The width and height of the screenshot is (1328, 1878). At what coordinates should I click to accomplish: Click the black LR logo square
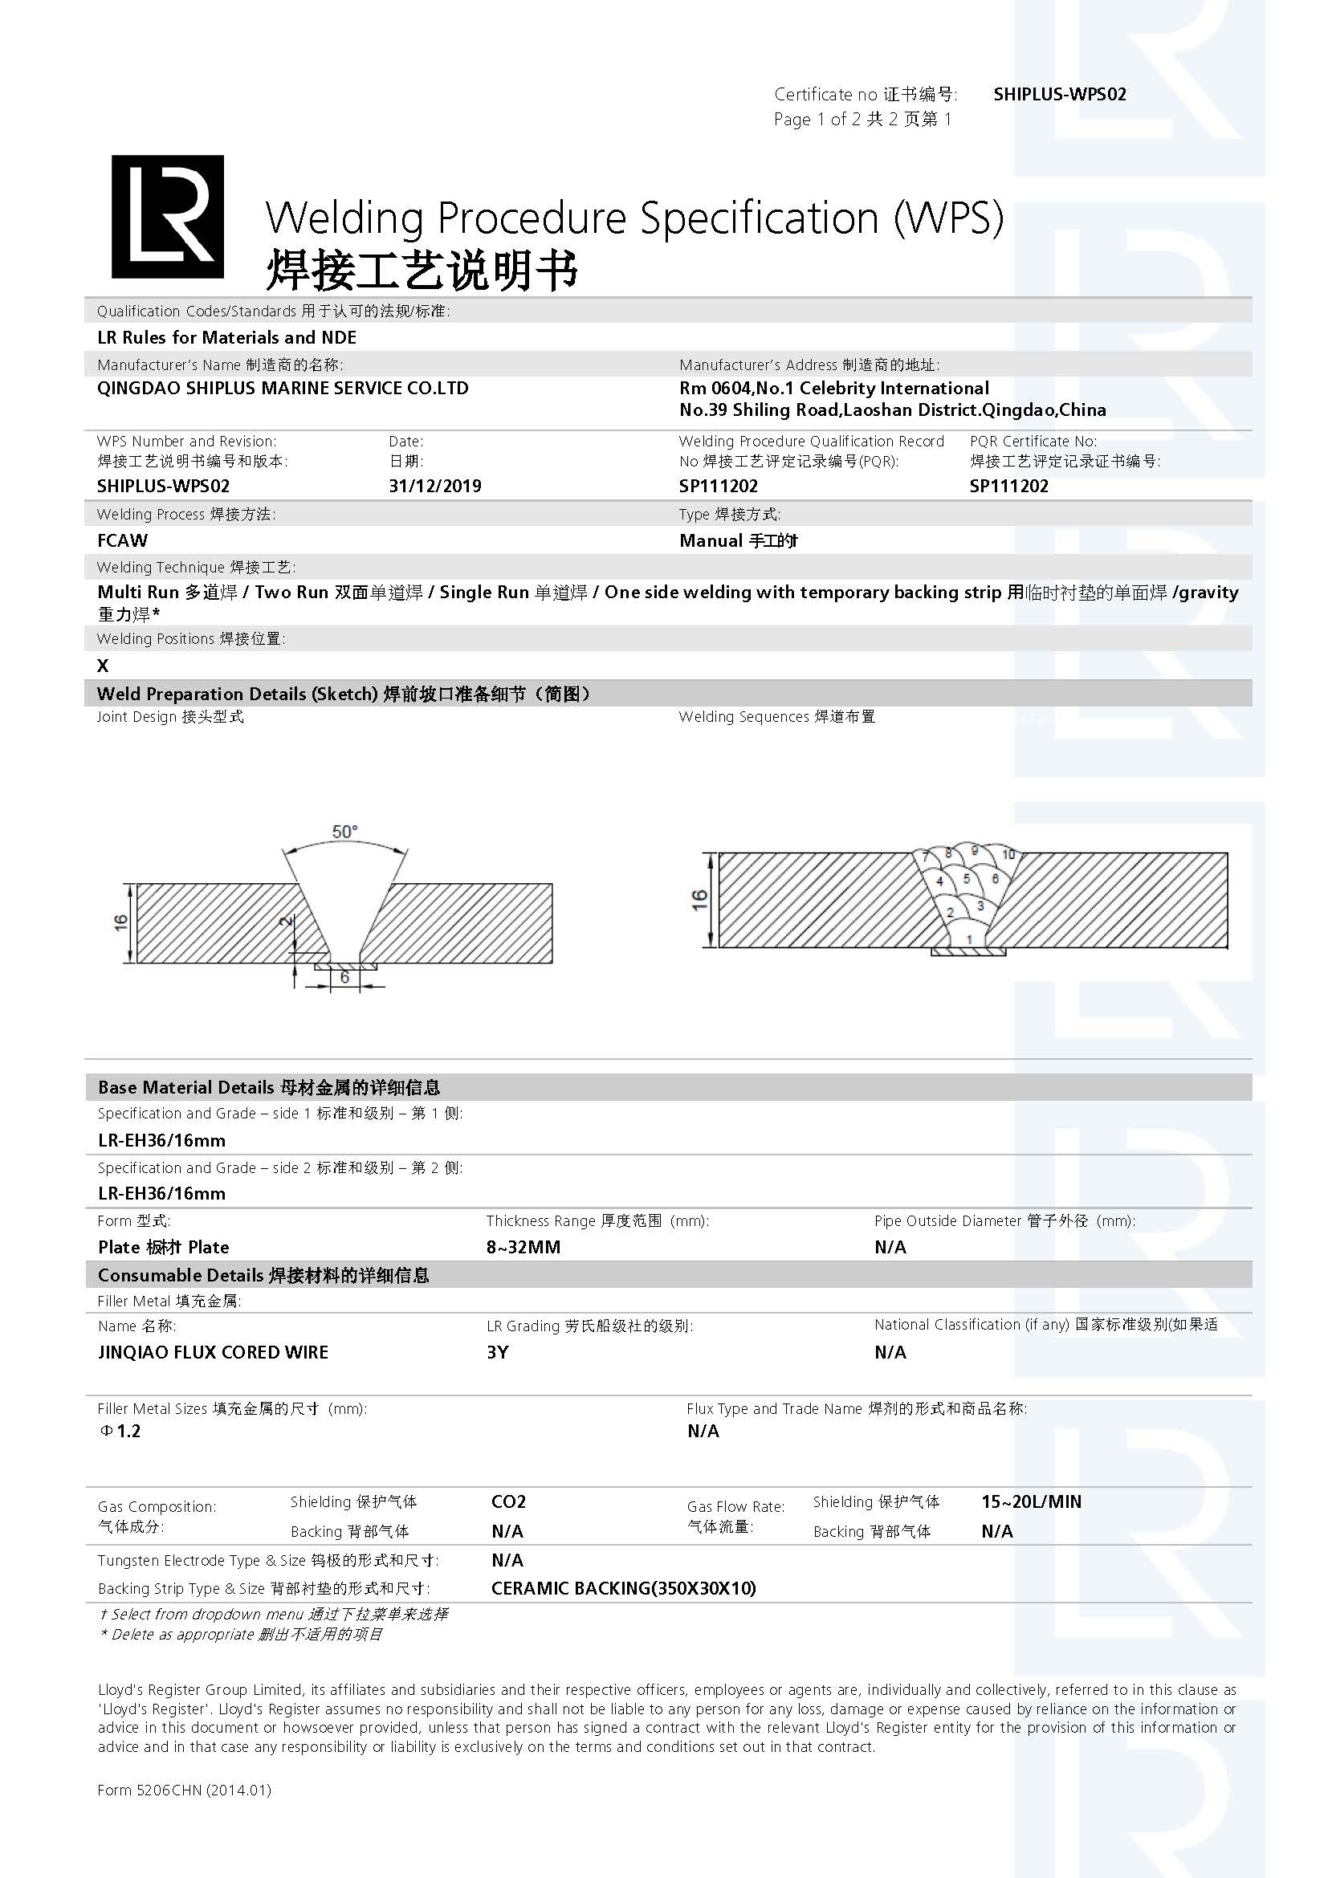coord(168,216)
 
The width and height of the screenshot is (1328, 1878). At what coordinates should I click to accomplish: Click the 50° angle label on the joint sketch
coord(344,831)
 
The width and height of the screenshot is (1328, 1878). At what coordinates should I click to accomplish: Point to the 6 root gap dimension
coord(344,977)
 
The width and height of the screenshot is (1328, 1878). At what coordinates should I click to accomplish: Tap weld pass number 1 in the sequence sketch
coord(969,939)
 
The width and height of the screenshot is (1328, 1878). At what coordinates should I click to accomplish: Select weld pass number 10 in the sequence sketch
coord(1008,855)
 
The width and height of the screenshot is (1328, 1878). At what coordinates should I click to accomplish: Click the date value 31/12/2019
coord(434,486)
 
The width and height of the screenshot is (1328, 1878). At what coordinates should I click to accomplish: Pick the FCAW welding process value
coord(123,540)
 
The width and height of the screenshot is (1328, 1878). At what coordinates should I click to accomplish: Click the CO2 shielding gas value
coord(507,1501)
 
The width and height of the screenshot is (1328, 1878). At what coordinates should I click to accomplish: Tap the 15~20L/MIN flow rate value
coord(1030,1501)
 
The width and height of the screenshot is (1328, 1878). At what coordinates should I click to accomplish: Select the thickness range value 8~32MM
coord(523,1248)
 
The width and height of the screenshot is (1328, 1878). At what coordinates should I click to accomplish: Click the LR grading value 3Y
coord(497,1352)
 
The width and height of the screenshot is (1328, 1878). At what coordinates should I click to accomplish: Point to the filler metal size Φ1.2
coord(120,1431)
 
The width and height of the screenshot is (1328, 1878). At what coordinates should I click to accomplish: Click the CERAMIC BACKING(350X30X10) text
coord(623,1588)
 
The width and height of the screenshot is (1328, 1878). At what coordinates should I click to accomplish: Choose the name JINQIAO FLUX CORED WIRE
coord(213,1352)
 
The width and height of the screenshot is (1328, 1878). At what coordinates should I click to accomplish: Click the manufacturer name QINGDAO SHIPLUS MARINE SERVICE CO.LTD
coord(282,389)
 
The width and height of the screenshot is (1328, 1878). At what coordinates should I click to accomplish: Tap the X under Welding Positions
coord(103,666)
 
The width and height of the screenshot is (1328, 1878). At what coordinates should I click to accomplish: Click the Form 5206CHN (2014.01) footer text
coord(184,1790)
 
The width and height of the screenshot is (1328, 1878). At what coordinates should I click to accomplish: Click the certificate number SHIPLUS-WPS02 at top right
coord(1059,94)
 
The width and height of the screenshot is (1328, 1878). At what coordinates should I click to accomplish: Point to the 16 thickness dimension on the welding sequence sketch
coord(699,901)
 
